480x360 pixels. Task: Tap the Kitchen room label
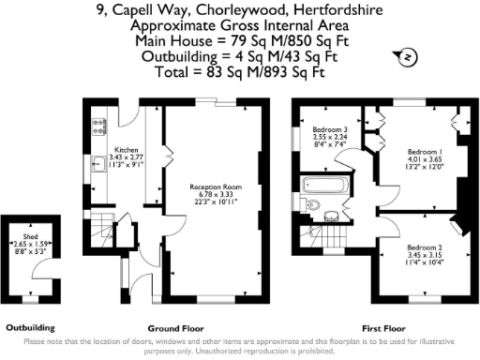click(127, 150)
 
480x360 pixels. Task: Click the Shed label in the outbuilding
click(31, 237)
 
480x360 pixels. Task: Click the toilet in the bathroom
click(314, 205)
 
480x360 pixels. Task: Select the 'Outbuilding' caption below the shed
click(31, 328)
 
